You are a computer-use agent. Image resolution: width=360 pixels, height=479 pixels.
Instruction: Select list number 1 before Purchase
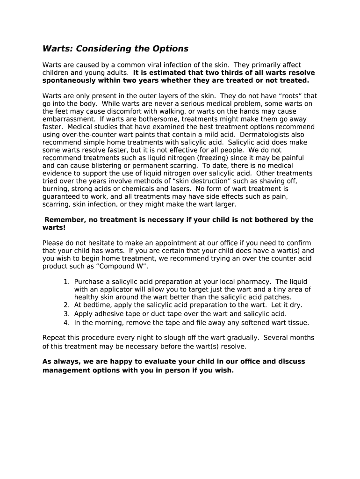(66, 282)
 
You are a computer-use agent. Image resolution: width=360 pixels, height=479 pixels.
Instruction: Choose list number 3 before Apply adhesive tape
(66, 313)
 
